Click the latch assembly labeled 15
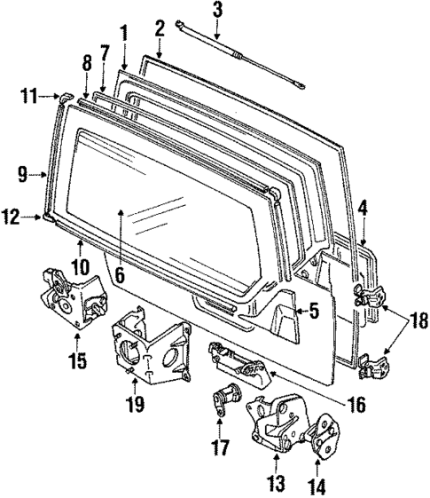click(67, 296)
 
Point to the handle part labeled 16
click(235, 363)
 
